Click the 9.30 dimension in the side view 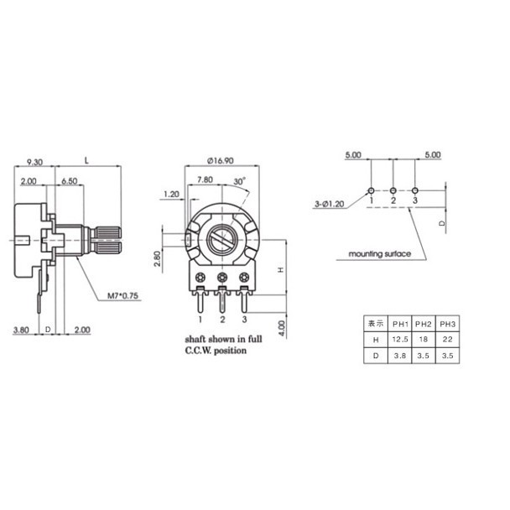pyautogui.click(x=34, y=162)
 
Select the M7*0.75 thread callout pyautogui.click(x=122, y=295)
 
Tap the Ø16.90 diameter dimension pyautogui.click(x=221, y=161)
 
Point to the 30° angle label pyautogui.click(x=240, y=181)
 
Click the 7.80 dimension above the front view pyautogui.click(x=205, y=180)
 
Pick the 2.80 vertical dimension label pyautogui.click(x=157, y=258)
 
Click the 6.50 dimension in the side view pyautogui.click(x=70, y=181)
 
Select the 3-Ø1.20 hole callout pyautogui.click(x=329, y=204)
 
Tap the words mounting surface pyautogui.click(x=380, y=253)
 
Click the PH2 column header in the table pyautogui.click(x=423, y=324)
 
